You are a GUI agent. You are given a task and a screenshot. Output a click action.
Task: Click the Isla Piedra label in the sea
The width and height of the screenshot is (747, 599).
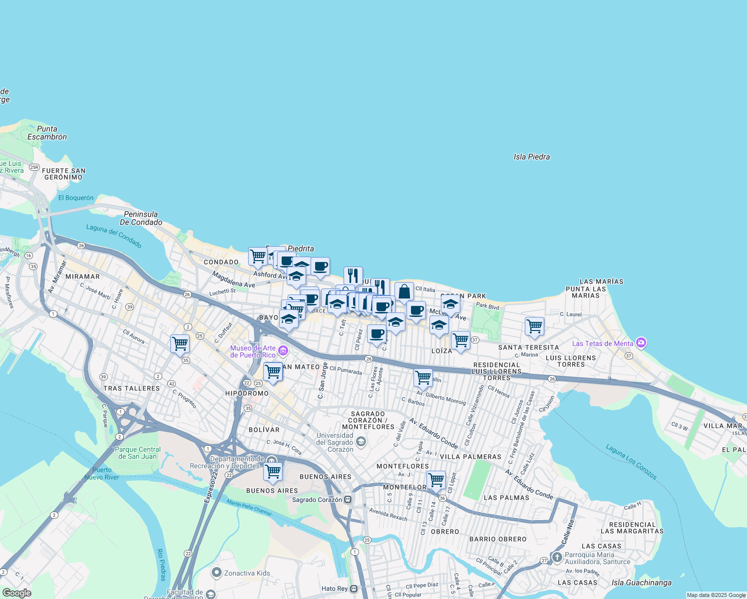point(531,157)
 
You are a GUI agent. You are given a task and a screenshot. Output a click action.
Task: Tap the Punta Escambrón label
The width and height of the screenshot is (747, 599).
point(47,133)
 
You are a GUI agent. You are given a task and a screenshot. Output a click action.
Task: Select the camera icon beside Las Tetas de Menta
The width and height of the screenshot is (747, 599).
point(641,343)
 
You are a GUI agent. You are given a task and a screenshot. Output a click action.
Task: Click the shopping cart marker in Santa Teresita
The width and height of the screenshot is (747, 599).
point(534,326)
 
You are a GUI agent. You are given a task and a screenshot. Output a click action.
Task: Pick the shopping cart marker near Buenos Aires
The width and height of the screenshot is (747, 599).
point(273,471)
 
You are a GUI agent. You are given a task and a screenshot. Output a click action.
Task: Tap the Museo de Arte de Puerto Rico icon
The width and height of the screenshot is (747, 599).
point(283,351)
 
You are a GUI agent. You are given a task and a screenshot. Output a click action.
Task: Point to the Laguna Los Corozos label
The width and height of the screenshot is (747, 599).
point(631,462)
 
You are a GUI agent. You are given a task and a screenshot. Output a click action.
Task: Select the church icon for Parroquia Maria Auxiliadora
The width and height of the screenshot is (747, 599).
point(557,556)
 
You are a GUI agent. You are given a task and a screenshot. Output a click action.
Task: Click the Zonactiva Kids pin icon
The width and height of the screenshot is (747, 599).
point(216,573)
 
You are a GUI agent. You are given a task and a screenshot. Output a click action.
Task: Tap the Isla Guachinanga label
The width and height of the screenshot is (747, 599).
point(641,583)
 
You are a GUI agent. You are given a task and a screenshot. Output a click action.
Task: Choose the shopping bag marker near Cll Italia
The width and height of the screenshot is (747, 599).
point(404,292)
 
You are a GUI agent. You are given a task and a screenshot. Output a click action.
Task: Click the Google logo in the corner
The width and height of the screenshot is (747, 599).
point(16,593)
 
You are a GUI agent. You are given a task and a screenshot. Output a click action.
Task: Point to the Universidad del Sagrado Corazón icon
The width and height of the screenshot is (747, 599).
point(361,442)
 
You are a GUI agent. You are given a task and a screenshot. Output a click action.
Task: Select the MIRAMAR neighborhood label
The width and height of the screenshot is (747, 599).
point(82,277)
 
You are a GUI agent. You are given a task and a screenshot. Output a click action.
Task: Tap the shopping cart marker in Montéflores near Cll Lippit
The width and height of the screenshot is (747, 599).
point(436,480)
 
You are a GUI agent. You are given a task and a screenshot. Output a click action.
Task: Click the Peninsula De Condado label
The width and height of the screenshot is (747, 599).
point(141,218)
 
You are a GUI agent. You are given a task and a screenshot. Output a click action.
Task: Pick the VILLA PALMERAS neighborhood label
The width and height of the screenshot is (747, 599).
point(470,457)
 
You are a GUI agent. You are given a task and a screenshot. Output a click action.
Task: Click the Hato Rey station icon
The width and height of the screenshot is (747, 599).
point(354,589)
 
